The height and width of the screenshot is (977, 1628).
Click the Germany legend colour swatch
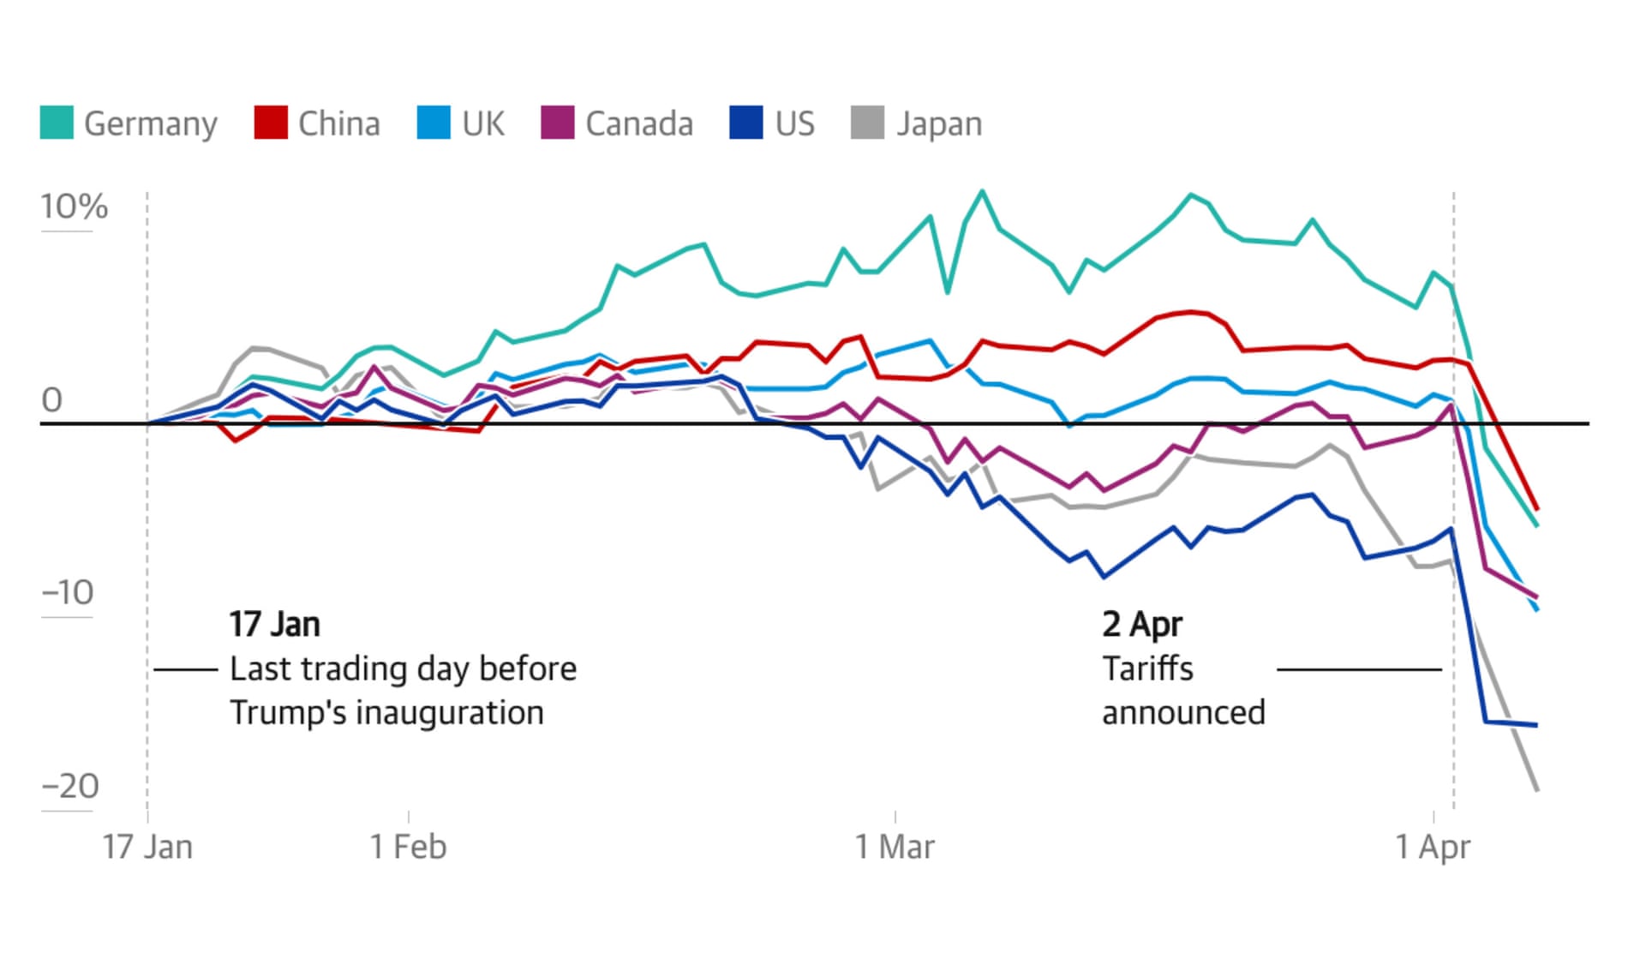click(57, 123)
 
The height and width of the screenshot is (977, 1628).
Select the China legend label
click(338, 123)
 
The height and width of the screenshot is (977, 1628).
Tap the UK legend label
click(483, 123)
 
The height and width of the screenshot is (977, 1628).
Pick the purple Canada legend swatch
click(558, 123)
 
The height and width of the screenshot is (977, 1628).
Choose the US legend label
click(794, 123)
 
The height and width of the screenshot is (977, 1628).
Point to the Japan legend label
click(939, 124)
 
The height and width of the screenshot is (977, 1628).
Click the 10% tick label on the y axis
click(74, 207)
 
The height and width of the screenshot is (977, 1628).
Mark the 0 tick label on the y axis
click(52, 400)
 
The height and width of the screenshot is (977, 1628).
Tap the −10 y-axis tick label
click(68, 592)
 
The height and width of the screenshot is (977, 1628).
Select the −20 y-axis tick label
click(70, 786)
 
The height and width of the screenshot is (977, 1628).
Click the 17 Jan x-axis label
click(147, 847)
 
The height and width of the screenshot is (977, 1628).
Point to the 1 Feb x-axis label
click(408, 847)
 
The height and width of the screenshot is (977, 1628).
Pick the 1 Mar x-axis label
click(895, 847)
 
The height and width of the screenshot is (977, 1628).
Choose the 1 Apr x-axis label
click(1433, 847)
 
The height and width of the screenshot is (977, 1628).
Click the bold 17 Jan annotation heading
click(274, 625)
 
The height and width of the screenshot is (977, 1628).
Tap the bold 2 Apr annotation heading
click(1142, 625)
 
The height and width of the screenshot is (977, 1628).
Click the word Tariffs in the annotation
click(1147, 668)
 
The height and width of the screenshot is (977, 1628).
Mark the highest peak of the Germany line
click(982, 191)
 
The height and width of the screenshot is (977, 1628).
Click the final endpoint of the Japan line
click(1537, 790)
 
